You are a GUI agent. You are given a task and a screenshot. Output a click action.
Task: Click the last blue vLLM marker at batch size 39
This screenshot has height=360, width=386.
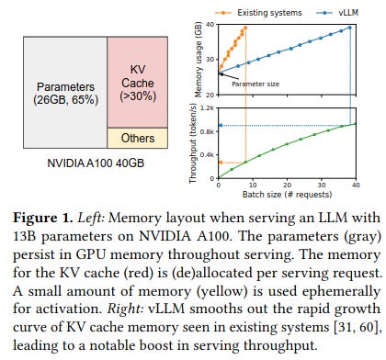350,28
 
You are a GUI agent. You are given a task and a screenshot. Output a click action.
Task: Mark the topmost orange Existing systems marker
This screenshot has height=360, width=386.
245,28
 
